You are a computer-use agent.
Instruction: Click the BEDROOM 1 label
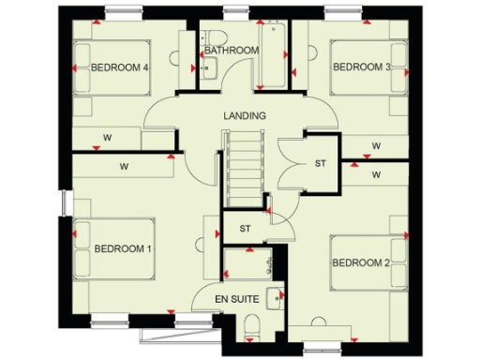(122, 248)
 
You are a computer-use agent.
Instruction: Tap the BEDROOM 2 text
(361, 262)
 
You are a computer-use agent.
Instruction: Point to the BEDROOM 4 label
(121, 67)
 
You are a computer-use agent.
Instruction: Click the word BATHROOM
(232, 50)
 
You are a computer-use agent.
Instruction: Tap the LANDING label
(245, 115)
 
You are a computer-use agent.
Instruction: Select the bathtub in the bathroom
(277, 56)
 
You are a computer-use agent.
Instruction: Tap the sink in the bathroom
(207, 67)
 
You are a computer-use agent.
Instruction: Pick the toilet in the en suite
(249, 325)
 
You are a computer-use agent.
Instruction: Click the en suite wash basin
(275, 299)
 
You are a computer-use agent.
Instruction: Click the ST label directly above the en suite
(245, 228)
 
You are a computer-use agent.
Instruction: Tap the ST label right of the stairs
(320, 164)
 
